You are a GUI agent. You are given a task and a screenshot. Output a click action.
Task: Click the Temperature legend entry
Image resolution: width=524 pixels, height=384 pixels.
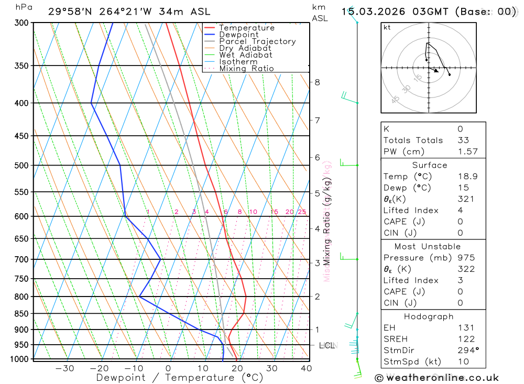[x=246, y=28]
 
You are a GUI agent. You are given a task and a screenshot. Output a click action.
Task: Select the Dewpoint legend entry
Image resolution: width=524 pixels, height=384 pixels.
[x=239, y=35]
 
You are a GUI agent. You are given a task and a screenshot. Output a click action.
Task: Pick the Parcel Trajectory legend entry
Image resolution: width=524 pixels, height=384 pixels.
[x=257, y=41]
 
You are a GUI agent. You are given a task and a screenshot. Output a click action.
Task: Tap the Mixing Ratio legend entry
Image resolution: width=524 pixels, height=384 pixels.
[x=246, y=69]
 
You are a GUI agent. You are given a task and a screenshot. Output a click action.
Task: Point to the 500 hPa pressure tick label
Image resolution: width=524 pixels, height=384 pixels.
[x=21, y=166]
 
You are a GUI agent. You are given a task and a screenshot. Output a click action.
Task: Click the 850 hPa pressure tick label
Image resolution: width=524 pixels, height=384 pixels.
[x=21, y=314]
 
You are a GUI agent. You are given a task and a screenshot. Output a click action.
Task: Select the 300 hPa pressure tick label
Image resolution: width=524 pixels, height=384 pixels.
[x=21, y=23]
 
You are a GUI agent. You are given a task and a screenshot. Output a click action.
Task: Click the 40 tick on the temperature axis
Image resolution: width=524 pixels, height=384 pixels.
[x=307, y=368]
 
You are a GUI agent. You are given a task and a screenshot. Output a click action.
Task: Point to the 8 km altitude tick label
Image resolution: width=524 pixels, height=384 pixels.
[x=318, y=82]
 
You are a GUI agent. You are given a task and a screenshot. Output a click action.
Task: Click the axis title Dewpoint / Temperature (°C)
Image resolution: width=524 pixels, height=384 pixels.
[x=179, y=378]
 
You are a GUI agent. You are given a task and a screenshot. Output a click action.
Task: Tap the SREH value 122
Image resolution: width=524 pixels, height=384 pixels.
[x=466, y=339]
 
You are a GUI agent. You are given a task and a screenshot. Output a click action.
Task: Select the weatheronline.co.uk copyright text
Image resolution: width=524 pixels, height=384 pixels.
[x=436, y=378]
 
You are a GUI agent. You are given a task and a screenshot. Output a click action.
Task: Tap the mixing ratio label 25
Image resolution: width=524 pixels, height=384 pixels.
[x=302, y=212]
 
